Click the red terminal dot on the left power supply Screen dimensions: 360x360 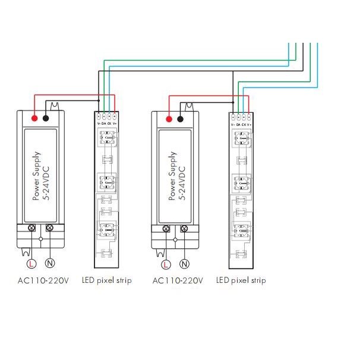pos(35,118)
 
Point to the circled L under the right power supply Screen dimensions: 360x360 pos(166,263)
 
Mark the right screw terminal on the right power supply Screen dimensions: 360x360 pos(184,229)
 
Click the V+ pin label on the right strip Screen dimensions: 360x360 pos(250,124)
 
